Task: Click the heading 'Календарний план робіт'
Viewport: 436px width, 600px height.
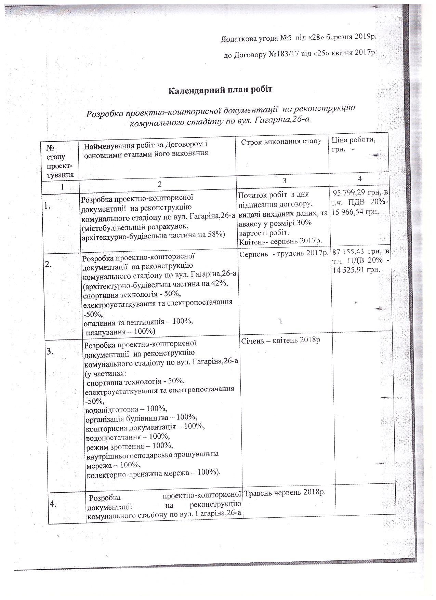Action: tap(220, 90)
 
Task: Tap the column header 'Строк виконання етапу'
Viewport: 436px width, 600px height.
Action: tap(281, 142)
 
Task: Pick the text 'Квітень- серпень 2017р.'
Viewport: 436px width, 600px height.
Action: tap(280, 241)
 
